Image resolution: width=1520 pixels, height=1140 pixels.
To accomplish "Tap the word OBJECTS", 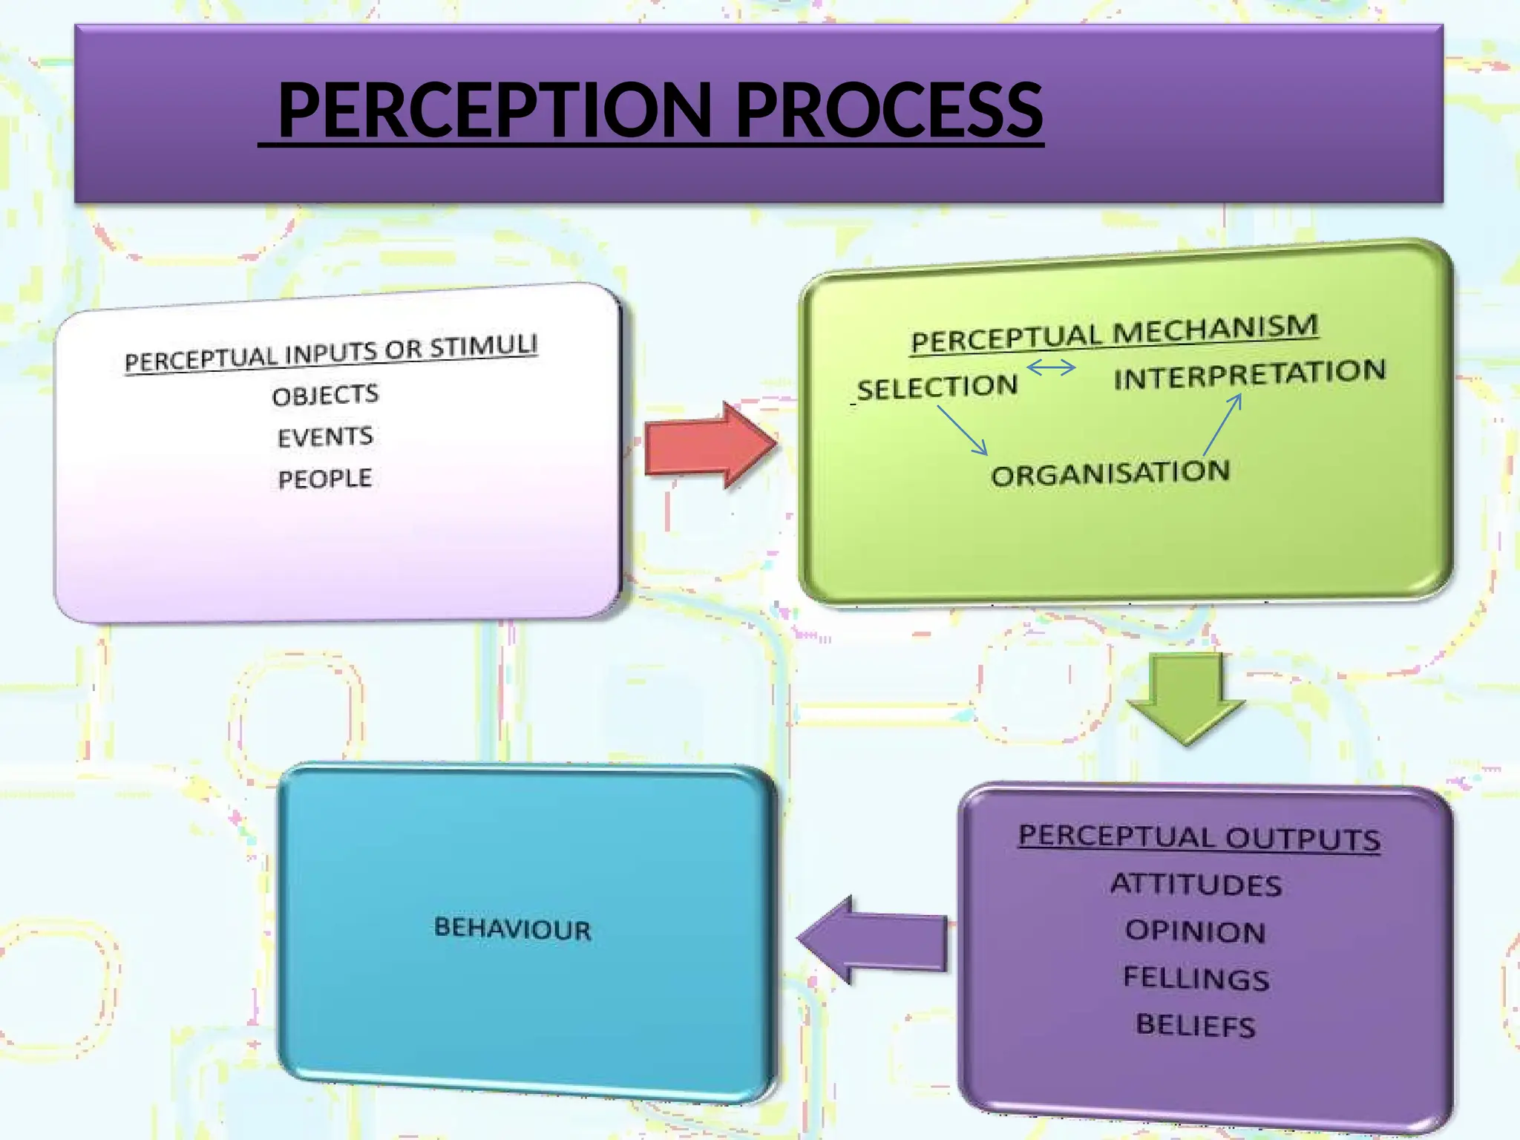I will [325, 395].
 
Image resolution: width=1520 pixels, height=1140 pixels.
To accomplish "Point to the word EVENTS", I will [325, 436].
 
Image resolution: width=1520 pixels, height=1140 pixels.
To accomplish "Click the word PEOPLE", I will [325, 479].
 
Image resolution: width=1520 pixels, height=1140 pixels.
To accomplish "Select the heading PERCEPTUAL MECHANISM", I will [1115, 333].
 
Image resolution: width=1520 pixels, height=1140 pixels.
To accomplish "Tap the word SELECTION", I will [937, 387].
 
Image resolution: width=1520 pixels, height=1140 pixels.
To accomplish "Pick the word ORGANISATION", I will [1110, 474].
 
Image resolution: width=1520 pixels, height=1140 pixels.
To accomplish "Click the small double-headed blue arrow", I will [1051, 367].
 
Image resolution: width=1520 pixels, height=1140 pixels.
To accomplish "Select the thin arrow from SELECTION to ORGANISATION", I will [963, 430].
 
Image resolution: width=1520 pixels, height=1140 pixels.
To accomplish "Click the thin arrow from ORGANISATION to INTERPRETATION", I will [1222, 424].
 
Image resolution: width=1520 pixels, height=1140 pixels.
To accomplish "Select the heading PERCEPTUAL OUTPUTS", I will [1199, 838].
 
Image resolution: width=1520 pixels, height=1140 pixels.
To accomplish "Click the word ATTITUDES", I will [1196, 885].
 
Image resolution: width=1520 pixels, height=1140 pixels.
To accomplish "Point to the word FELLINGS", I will [1196, 978].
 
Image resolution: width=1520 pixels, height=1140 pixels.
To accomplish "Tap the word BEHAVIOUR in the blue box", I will [513, 928].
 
